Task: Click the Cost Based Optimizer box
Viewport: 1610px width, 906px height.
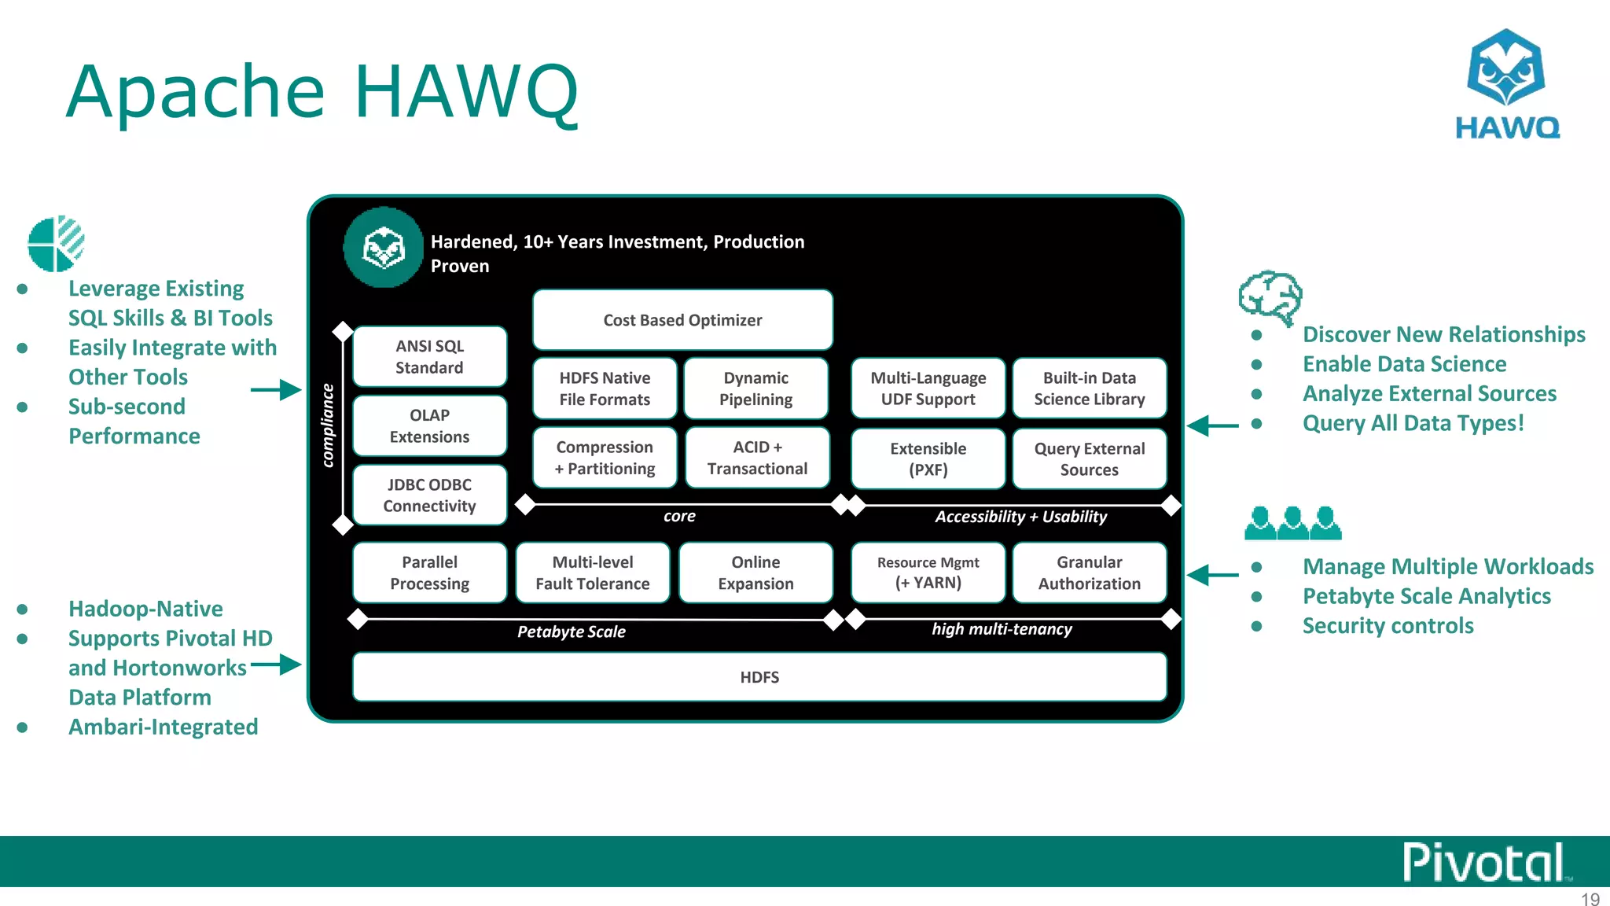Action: click(x=682, y=320)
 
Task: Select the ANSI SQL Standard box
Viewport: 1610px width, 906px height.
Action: click(x=429, y=357)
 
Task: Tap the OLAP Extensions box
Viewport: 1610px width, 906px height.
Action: click(x=429, y=426)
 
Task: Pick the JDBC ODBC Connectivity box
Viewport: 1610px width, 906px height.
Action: click(x=429, y=495)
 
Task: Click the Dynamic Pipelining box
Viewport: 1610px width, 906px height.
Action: click(x=755, y=389)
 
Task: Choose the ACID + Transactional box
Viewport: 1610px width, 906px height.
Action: click(x=757, y=458)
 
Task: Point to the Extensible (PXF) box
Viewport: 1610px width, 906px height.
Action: click(x=928, y=459)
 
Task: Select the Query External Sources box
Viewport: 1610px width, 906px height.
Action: click(x=1089, y=459)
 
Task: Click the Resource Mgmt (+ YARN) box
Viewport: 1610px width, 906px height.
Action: click(x=928, y=573)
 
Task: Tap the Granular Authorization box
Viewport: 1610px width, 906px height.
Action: click(x=1089, y=573)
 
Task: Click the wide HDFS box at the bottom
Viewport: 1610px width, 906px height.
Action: click(x=759, y=677)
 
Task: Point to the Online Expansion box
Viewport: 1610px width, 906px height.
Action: click(x=755, y=573)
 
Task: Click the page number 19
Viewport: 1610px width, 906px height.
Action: click(x=1590, y=899)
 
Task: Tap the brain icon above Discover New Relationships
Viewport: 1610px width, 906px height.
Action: click(x=1270, y=297)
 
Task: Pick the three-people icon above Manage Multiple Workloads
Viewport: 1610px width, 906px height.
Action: click(x=1292, y=523)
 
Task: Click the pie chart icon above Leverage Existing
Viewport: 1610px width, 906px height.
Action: click(x=56, y=244)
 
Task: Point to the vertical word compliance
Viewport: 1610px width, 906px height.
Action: click(x=328, y=425)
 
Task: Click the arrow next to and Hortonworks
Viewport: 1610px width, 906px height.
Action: click(x=277, y=665)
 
